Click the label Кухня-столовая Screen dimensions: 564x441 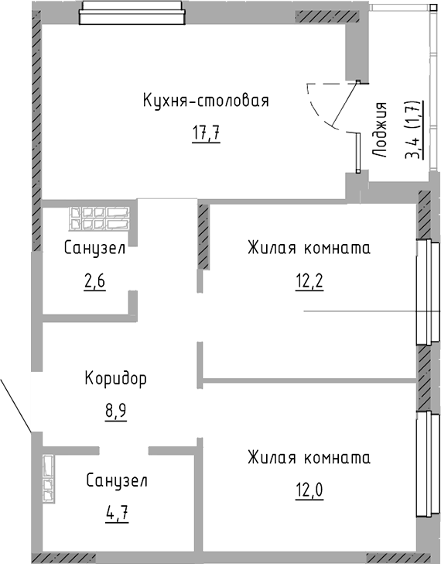coord(205,101)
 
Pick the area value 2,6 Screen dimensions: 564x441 coord(94,281)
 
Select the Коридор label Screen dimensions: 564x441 coord(115,379)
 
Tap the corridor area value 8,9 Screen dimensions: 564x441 coord(115,411)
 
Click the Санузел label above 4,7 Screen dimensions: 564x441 coord(116,480)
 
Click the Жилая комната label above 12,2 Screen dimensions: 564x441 coord(309,248)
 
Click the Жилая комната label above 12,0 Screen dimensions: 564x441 coord(309,457)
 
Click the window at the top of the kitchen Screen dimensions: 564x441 coord(132,13)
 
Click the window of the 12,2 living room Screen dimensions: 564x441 coord(424,291)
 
